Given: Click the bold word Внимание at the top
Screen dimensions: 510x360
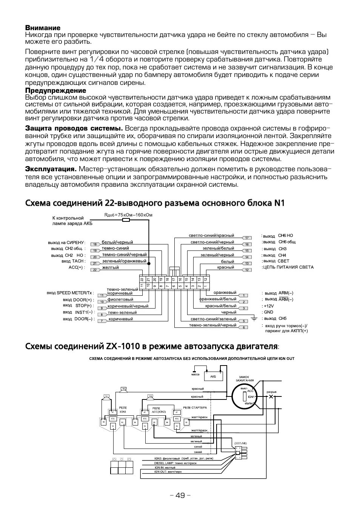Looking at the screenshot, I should pos(43,28).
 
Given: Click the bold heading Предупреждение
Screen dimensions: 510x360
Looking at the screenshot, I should pos(55,91).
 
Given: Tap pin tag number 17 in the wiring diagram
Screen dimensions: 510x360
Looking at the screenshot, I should pos(247,238).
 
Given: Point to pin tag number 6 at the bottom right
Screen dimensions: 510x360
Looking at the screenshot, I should pos(244,327).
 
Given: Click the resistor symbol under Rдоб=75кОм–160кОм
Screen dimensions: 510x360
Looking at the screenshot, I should pos(126,220).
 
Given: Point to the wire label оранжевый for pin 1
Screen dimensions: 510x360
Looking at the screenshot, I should pos(225,293).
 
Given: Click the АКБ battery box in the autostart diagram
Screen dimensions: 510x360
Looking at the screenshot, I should pos(213,376).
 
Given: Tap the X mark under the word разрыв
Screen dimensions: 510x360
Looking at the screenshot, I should pos(271,397).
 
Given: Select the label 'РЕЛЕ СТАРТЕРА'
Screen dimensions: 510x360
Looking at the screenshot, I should pos(195,408).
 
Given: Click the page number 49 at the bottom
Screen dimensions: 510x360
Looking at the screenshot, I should pos(180,495).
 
